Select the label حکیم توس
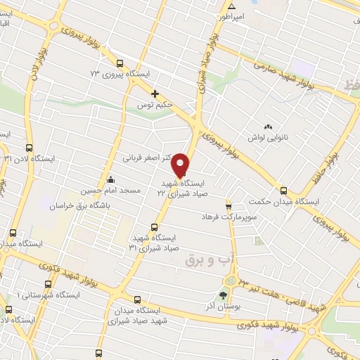pos(155,105)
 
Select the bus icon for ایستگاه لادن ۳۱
pos(28,148)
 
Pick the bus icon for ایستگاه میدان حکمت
pos(283,190)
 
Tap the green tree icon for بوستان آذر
pos(224,294)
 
